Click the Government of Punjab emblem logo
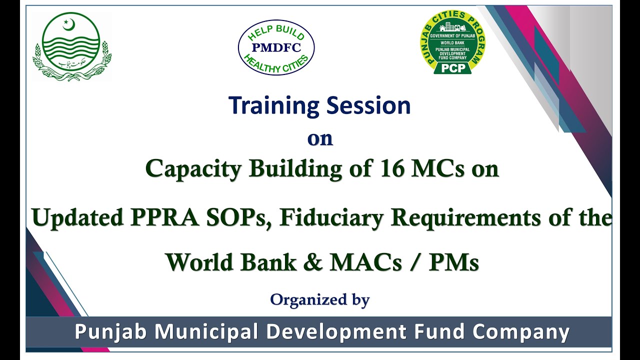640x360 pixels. [x=72, y=47]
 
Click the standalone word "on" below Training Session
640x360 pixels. [x=320, y=138]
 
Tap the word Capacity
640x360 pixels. [x=194, y=169]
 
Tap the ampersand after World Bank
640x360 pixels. [x=313, y=262]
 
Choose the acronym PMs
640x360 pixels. [x=454, y=262]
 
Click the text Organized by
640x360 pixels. [x=320, y=300]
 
